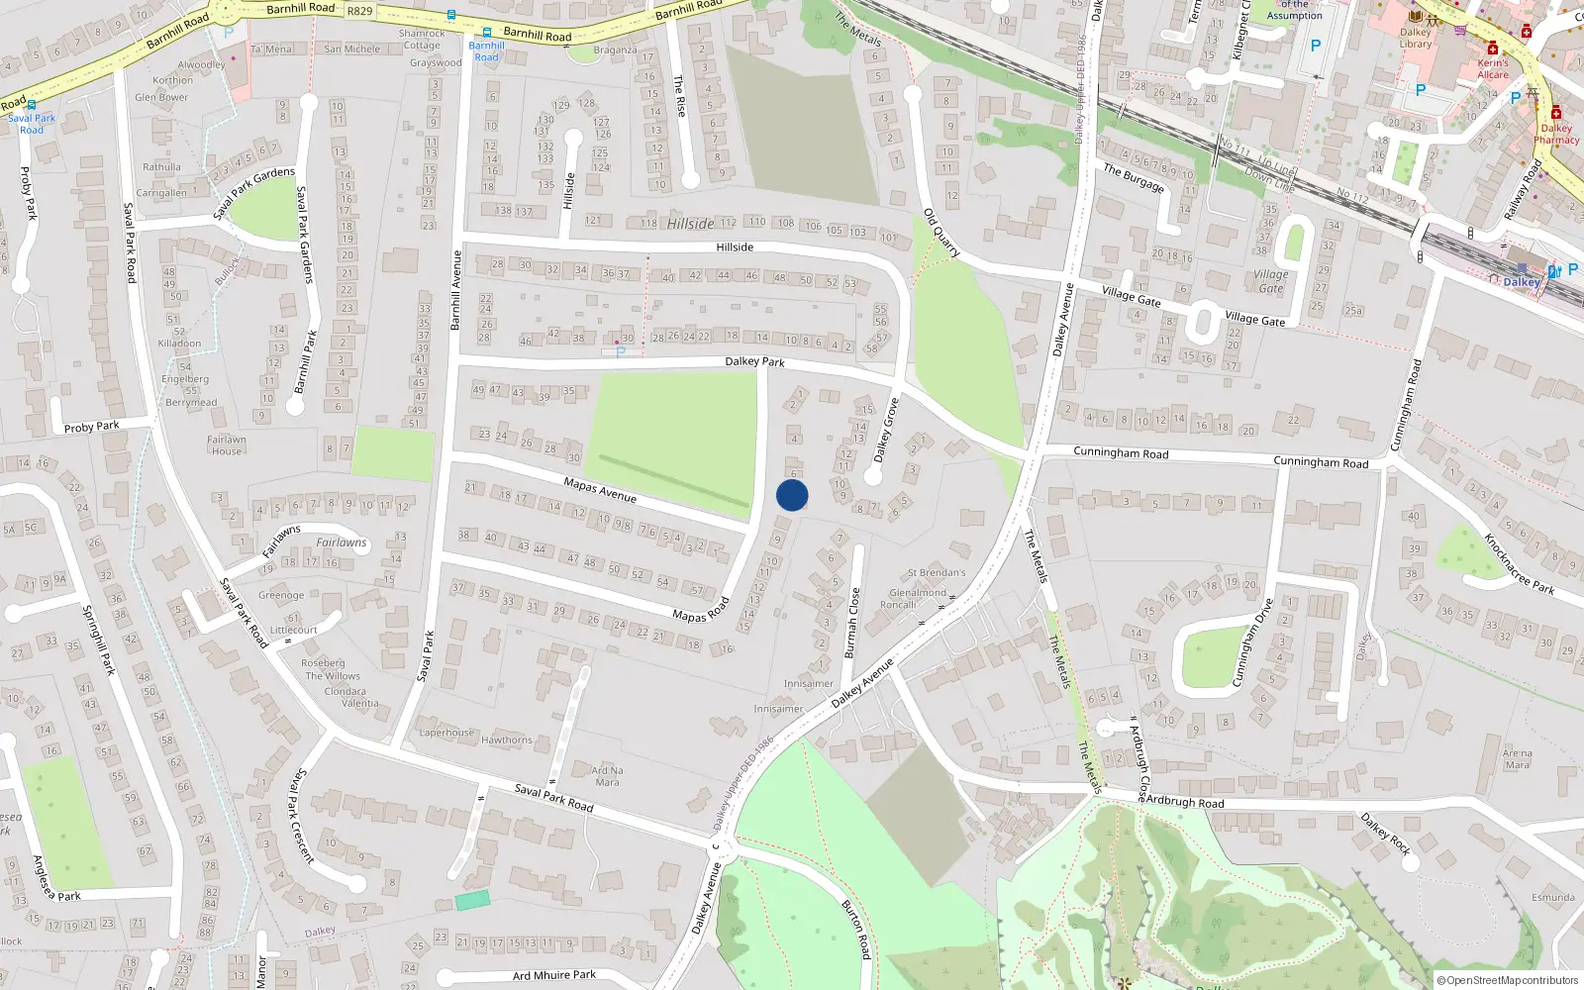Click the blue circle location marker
pos(792,495)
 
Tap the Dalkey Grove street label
pos(886,430)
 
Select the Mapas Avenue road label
pos(600,489)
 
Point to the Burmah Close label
pos(851,623)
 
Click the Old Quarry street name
pos(941,233)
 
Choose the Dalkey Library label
pos(1416,38)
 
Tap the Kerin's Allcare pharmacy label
pos(1493,68)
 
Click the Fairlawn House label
pos(227,445)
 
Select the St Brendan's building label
pos(936,572)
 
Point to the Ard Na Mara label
pos(607,776)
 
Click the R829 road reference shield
pos(360,11)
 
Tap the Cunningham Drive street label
pos(1251,643)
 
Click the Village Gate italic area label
pos(1271,281)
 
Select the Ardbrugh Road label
pos(1184,802)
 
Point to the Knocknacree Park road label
pos(1519,564)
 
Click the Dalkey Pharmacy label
pos(1556,134)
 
